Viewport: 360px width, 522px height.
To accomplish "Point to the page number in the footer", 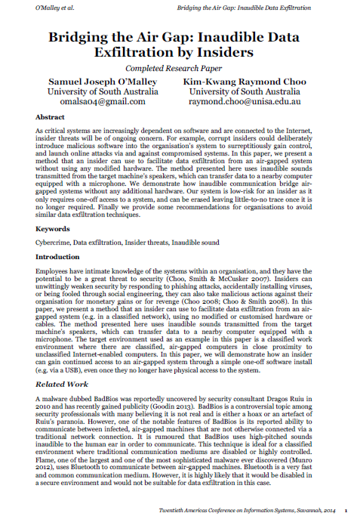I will click(346, 511).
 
